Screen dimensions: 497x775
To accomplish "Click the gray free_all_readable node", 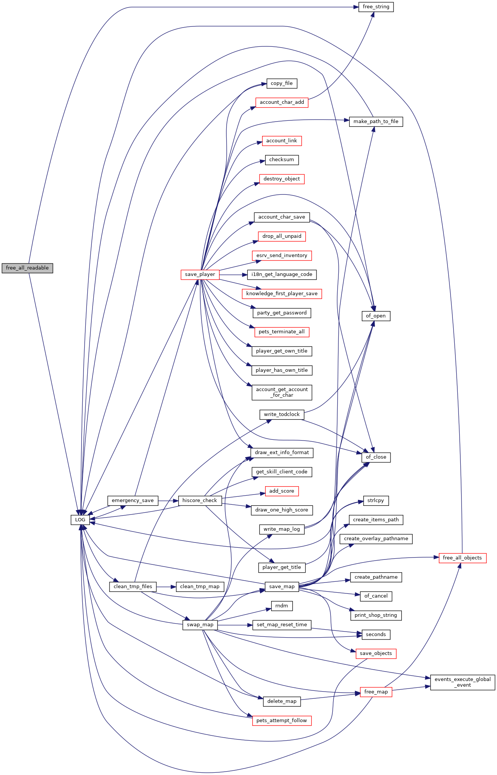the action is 27,268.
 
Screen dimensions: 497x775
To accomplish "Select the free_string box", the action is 376,7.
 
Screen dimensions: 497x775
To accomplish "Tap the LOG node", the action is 80,520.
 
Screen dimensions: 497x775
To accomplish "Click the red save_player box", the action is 200,274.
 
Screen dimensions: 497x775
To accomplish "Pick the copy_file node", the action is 282,83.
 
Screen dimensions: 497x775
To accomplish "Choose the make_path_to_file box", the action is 376,122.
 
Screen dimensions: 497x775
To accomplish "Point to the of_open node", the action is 376,316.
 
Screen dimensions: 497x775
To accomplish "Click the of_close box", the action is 376,457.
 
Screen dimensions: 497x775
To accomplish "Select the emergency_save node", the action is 133,501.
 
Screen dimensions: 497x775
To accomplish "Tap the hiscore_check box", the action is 200,501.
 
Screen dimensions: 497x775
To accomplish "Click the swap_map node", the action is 200,625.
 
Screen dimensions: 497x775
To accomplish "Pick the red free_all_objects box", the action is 462,558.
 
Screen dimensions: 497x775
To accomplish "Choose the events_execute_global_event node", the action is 463,682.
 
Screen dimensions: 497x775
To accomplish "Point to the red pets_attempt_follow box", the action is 282,721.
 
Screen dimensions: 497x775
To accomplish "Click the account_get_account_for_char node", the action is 282,392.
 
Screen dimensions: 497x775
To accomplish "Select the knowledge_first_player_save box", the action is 282,294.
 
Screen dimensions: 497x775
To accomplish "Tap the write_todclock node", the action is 282,414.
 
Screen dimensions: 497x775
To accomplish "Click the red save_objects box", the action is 376,653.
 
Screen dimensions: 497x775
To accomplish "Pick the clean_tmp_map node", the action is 200,587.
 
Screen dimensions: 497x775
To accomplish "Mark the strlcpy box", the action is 376,501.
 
